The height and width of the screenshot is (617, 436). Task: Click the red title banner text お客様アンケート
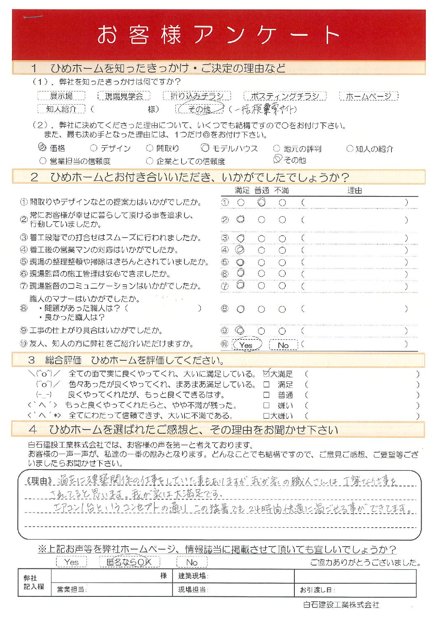click(218, 35)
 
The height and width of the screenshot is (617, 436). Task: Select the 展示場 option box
click(61, 96)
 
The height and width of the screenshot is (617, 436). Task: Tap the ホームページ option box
click(368, 96)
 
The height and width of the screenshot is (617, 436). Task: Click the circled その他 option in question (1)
click(200, 109)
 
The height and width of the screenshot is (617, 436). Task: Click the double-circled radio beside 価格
click(42, 147)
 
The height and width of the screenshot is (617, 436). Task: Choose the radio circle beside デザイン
click(93, 148)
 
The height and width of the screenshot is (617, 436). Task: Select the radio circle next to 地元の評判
click(277, 148)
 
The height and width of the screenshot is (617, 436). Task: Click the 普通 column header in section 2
click(261, 190)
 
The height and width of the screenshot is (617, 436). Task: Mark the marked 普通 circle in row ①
click(261, 202)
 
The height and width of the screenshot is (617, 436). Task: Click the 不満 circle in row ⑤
click(282, 262)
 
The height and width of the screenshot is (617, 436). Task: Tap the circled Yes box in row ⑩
click(246, 345)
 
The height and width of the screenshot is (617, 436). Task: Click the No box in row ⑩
click(283, 345)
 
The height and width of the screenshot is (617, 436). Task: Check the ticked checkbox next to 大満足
click(266, 374)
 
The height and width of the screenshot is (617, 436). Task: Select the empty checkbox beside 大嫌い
click(266, 416)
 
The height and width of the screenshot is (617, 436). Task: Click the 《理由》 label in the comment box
click(40, 481)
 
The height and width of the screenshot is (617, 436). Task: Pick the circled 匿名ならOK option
click(129, 562)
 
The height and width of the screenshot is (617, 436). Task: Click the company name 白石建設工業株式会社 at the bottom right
click(341, 605)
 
